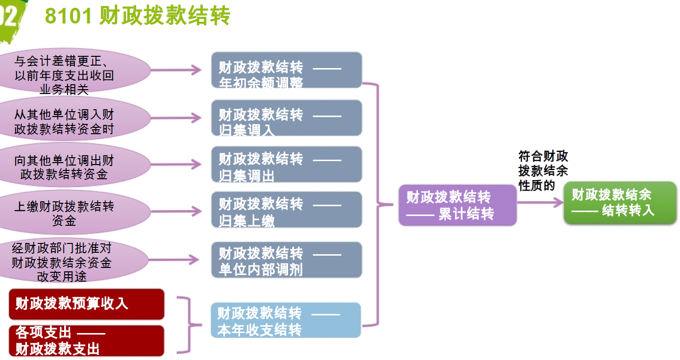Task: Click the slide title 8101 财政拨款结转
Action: (x=137, y=17)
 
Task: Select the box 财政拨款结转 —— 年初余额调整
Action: (x=287, y=70)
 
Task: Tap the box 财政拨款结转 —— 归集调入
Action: (x=287, y=118)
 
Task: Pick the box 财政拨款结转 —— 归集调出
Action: (x=287, y=165)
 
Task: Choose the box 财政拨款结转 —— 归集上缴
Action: (x=287, y=210)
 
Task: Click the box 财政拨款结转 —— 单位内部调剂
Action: (x=287, y=260)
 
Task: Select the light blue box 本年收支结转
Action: (x=286, y=320)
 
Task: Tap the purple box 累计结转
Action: (x=458, y=205)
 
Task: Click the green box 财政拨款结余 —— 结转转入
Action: (x=620, y=203)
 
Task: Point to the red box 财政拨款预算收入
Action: (x=86, y=304)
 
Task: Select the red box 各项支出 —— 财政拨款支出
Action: (x=86, y=341)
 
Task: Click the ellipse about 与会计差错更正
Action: (x=73, y=72)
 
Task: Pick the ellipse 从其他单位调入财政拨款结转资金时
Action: (x=73, y=119)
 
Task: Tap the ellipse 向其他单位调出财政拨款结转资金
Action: (x=73, y=165)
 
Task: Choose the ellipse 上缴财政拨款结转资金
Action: (x=73, y=211)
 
